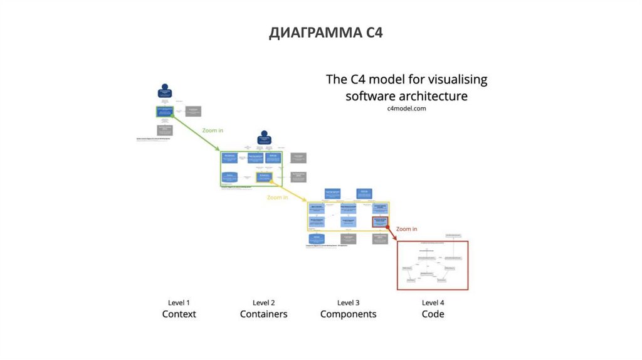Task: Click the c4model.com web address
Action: [x=406, y=109]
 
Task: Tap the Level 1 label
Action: [x=179, y=302]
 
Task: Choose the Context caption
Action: [x=179, y=314]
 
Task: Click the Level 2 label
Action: [x=263, y=302]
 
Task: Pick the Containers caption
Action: [x=263, y=314]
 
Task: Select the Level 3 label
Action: [x=348, y=302]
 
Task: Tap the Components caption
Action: [x=348, y=314]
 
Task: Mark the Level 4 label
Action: [x=433, y=302]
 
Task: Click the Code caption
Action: [x=433, y=314]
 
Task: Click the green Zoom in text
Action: [x=213, y=130]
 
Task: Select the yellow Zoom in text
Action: [x=278, y=197]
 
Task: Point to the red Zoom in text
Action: [x=406, y=229]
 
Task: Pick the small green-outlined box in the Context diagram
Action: [x=165, y=112]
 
